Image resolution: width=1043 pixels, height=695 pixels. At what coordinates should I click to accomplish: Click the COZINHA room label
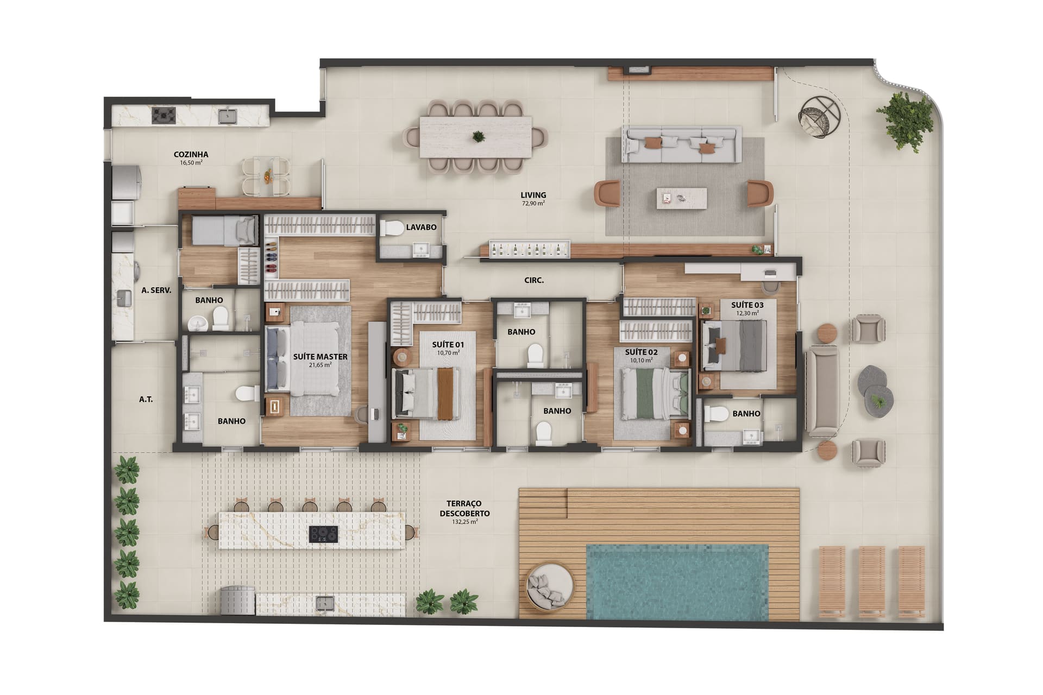[191, 154]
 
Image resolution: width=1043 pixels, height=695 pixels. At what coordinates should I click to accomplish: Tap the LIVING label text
[533, 195]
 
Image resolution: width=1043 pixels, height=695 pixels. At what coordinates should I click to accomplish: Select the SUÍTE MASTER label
[321, 357]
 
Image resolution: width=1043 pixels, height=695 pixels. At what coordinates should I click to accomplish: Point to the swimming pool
[677, 582]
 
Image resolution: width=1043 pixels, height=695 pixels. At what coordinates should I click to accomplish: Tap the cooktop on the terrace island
[323, 534]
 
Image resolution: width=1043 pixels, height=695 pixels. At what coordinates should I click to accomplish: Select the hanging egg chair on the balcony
[819, 117]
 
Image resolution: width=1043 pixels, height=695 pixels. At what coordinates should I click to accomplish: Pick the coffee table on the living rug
[682, 198]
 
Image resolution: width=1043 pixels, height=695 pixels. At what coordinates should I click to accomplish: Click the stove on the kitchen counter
[164, 115]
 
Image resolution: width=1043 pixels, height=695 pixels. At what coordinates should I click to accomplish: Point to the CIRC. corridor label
[534, 280]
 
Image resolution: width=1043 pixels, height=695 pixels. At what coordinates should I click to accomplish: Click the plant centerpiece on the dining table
[478, 136]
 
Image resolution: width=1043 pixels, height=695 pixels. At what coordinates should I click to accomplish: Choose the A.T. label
[146, 399]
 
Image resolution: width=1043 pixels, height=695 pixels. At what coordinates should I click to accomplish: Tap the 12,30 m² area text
[747, 313]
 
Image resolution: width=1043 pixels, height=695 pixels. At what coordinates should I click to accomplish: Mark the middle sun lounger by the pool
[872, 582]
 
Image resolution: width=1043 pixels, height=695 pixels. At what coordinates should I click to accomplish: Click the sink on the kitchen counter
[228, 116]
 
